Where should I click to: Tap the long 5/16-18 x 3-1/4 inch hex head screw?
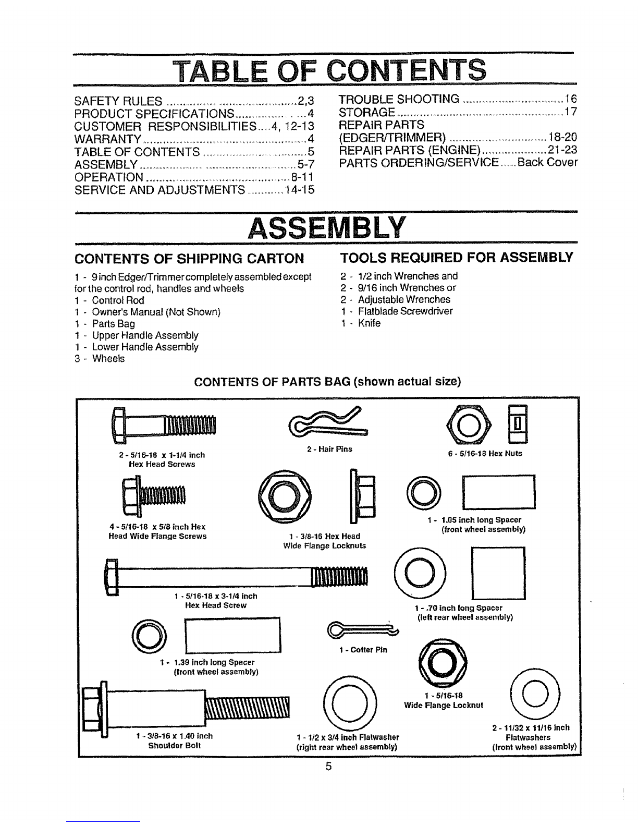pos(238,576)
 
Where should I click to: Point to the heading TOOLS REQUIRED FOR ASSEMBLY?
pos(456,257)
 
